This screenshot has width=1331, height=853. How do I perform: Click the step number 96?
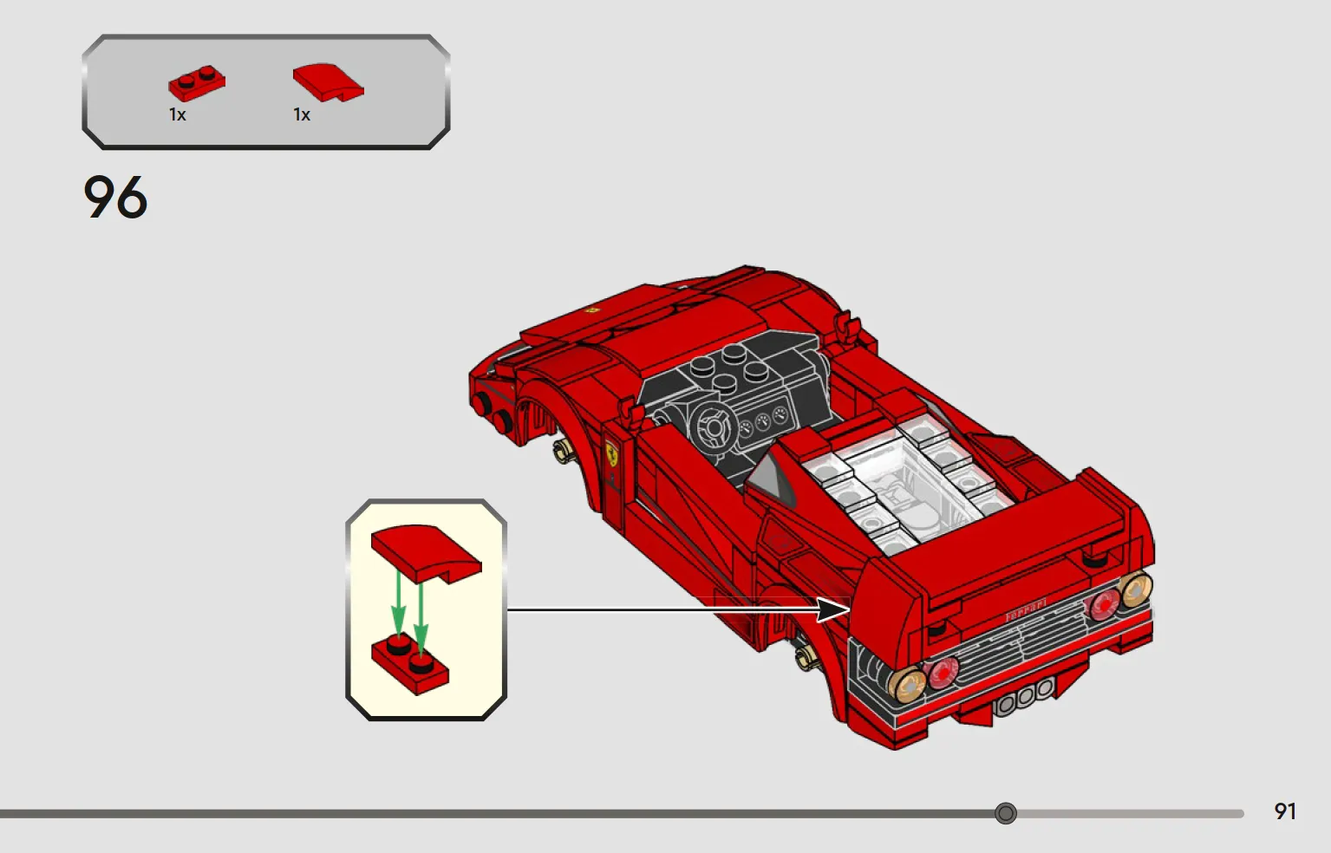[115, 197]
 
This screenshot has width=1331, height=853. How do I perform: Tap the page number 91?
[1285, 811]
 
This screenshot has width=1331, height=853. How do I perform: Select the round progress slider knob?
[1005, 812]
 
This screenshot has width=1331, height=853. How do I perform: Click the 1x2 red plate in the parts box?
[197, 82]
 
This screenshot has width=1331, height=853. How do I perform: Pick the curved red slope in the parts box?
[328, 82]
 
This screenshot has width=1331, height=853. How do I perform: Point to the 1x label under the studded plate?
[177, 114]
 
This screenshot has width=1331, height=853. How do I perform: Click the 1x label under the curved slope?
[302, 114]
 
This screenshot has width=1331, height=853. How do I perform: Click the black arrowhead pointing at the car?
[833, 609]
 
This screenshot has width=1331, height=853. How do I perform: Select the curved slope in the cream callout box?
[426, 552]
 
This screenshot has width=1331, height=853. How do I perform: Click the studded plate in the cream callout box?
[410, 663]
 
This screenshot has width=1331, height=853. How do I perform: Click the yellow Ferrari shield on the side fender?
[611, 453]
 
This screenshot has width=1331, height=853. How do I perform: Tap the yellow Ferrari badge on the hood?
[591, 309]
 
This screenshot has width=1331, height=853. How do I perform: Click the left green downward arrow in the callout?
[398, 605]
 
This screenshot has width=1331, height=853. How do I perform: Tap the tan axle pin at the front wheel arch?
[562, 452]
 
